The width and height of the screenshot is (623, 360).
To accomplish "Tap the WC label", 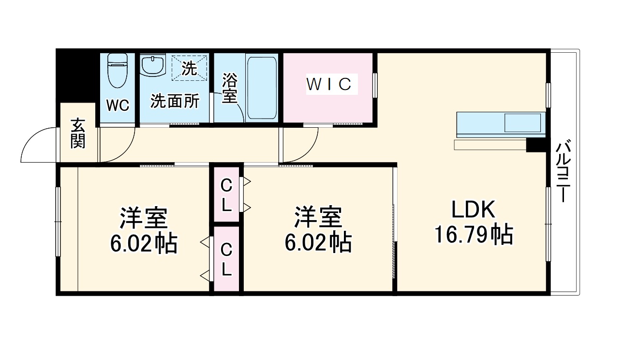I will (118, 106).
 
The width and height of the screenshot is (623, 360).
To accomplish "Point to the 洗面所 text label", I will (174, 101).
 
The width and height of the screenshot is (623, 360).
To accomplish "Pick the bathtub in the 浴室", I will (261, 88).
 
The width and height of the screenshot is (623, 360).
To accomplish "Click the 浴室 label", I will (229, 89).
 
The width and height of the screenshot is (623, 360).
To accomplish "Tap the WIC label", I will (328, 84).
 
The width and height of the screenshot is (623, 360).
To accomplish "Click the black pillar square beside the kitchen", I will (535, 145).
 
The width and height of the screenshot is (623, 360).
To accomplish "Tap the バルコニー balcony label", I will (562, 172).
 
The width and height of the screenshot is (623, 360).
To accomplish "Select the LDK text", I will (473, 210).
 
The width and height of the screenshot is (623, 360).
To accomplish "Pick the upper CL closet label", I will (226, 195).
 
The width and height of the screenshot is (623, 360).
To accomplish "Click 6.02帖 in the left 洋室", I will (143, 244).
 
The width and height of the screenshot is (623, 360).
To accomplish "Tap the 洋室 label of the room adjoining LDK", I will (318, 218).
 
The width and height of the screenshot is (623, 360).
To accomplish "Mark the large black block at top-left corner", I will (75, 75).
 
